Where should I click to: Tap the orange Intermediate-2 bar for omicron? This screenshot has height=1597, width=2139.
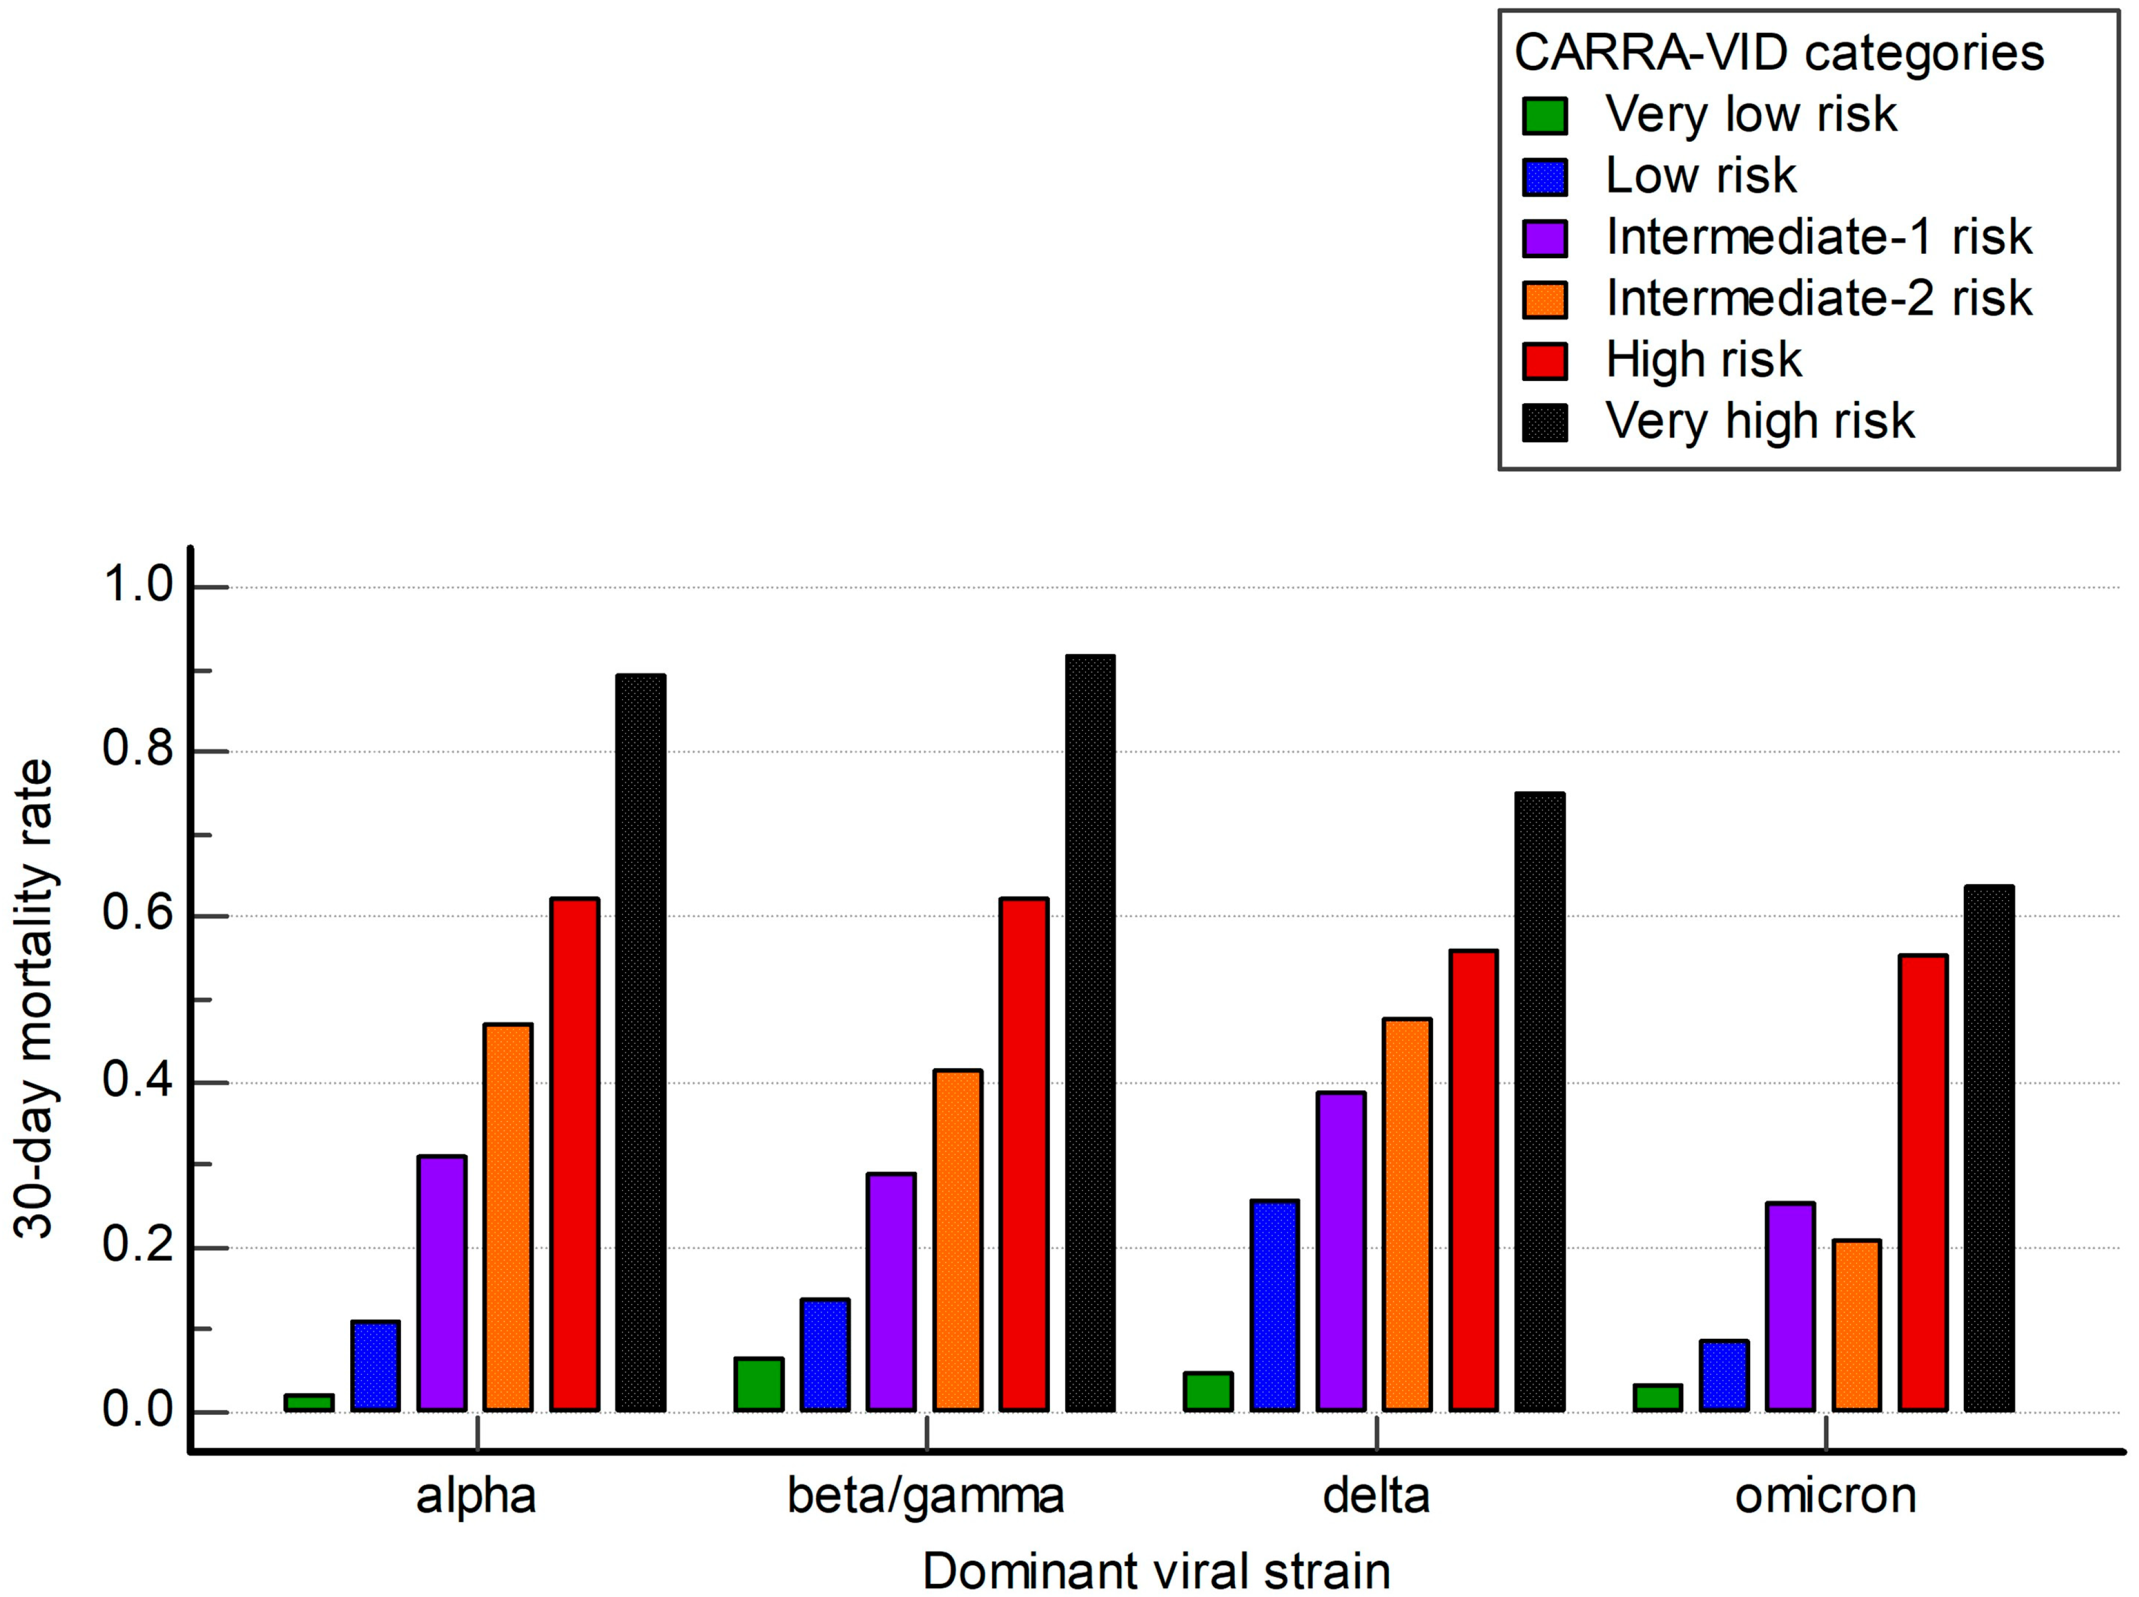pyautogui.click(x=1856, y=1326)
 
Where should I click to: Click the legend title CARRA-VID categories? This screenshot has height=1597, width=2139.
pyautogui.click(x=1778, y=53)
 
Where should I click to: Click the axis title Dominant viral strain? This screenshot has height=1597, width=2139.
pyautogui.click(x=1156, y=1571)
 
